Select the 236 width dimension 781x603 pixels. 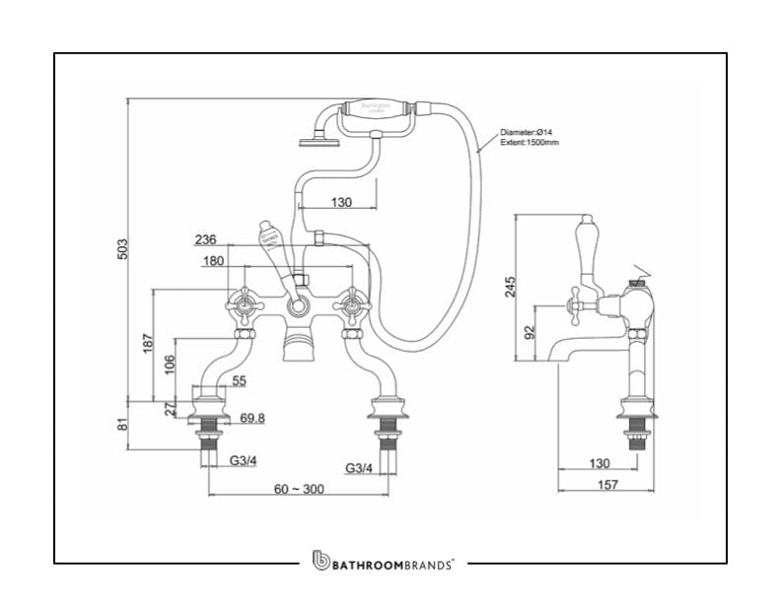pyautogui.click(x=205, y=239)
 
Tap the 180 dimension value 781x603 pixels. pyautogui.click(x=213, y=261)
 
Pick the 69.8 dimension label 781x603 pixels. pyautogui.click(x=252, y=418)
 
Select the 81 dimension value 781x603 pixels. pyautogui.click(x=123, y=425)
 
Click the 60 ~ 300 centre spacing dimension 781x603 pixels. pyautogui.click(x=298, y=490)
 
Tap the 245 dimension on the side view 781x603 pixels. pyautogui.click(x=510, y=287)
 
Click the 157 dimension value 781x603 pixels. pyautogui.click(x=607, y=485)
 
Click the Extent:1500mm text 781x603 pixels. pyautogui.click(x=529, y=143)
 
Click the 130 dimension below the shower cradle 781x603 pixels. pyautogui.click(x=341, y=202)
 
